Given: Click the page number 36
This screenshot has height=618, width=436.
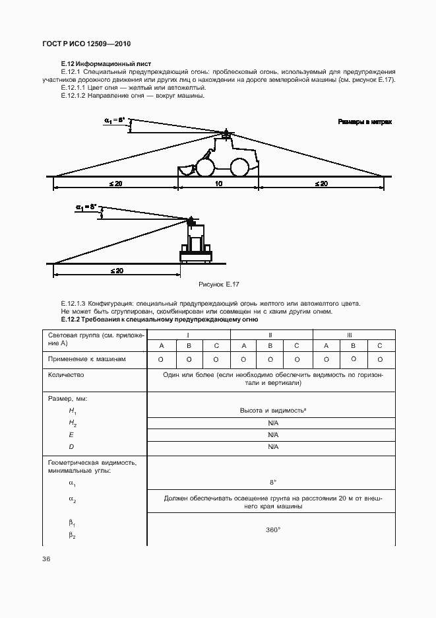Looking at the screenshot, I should [x=47, y=559].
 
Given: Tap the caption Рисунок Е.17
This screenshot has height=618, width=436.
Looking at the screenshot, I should [x=218, y=283].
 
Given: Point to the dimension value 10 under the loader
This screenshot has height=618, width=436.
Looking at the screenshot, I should [x=218, y=184].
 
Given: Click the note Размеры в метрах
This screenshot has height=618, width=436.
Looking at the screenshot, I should [x=365, y=122].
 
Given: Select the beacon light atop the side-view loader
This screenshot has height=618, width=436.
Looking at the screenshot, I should [x=226, y=133].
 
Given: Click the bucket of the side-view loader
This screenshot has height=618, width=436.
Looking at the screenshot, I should [x=187, y=170].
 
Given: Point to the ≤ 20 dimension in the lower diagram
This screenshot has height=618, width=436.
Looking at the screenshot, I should [x=117, y=271].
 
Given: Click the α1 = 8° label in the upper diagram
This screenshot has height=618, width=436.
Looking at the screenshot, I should [x=115, y=120].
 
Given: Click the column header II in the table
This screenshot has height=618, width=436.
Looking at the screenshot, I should [x=270, y=335].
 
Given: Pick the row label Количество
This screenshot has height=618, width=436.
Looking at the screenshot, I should [x=66, y=374].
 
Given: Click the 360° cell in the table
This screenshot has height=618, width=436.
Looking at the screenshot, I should [x=270, y=530].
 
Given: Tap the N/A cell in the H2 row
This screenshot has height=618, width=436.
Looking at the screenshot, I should [x=270, y=423].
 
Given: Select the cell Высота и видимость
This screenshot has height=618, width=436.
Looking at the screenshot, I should [x=270, y=410].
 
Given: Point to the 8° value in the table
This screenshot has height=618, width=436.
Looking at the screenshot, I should [x=270, y=483].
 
